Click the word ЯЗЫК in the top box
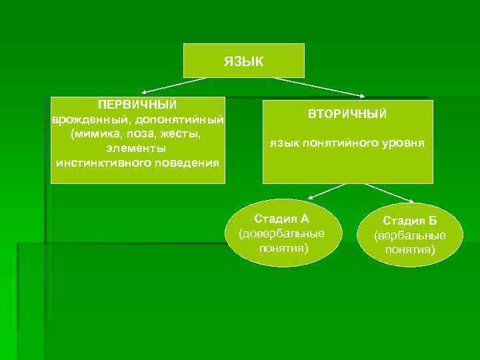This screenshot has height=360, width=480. point(243,61)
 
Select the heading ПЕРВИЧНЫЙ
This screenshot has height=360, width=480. point(137,105)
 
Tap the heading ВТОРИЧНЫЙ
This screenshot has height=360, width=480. point(347,115)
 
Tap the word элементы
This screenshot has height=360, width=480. point(137,148)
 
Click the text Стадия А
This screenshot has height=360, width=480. point(282,219)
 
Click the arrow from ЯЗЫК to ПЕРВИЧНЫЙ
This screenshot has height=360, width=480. point(173,85)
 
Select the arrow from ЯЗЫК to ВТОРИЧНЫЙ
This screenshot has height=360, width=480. point(320,87)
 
